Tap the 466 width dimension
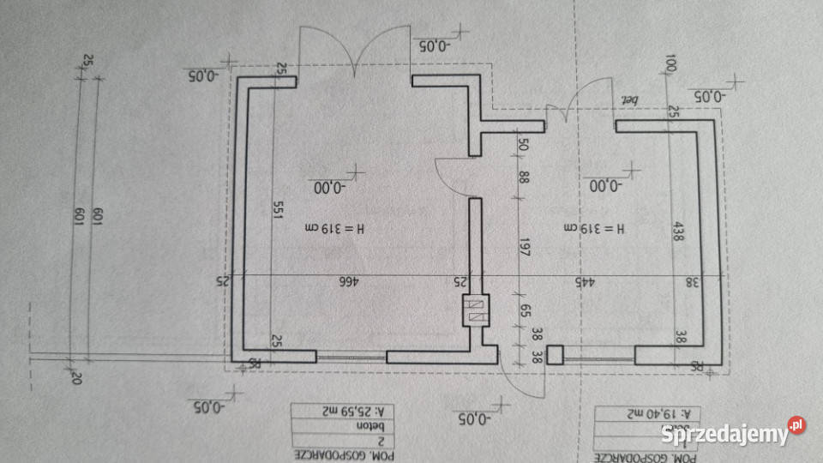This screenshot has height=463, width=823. click(x=346, y=281)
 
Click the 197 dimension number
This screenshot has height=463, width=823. click(x=526, y=250)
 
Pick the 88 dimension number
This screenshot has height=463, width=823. click(x=525, y=178)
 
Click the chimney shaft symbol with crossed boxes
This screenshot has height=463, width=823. click(x=475, y=310)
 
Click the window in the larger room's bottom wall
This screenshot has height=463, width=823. click(x=351, y=355)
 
